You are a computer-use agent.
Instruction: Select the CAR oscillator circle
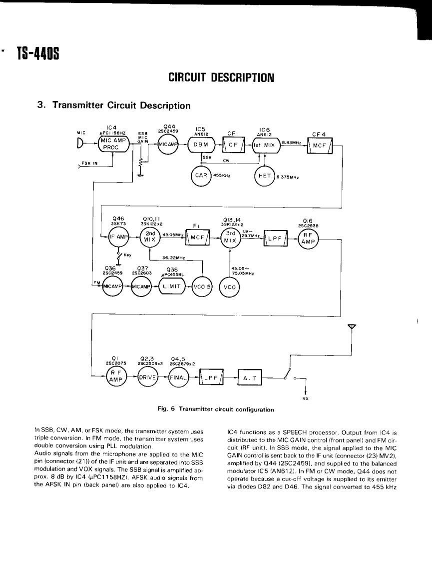click(201, 175)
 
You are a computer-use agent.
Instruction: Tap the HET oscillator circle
click(264, 175)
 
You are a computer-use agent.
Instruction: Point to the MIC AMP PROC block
click(112, 144)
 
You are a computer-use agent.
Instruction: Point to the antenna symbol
click(352, 327)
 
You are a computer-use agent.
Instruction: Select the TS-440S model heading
click(37, 52)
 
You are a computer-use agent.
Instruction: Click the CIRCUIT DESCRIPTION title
click(221, 77)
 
